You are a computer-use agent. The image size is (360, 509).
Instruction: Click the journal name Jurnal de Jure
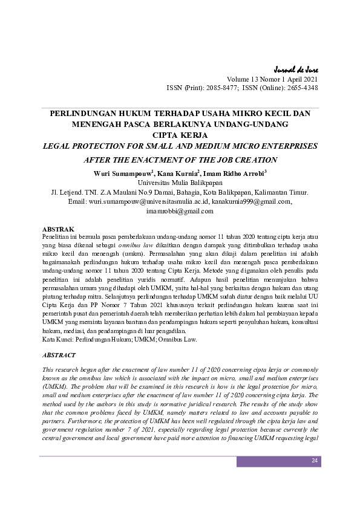click(296, 69)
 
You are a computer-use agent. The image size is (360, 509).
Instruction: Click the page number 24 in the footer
click(314, 461)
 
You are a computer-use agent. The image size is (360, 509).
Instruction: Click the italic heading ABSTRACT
click(59, 355)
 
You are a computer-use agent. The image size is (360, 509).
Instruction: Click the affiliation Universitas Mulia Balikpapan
click(180, 183)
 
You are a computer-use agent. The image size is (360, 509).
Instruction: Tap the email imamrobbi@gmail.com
click(180, 212)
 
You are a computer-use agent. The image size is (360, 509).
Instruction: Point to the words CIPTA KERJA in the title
click(180, 135)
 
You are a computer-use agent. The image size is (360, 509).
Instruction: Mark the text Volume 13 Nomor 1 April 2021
click(272, 79)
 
